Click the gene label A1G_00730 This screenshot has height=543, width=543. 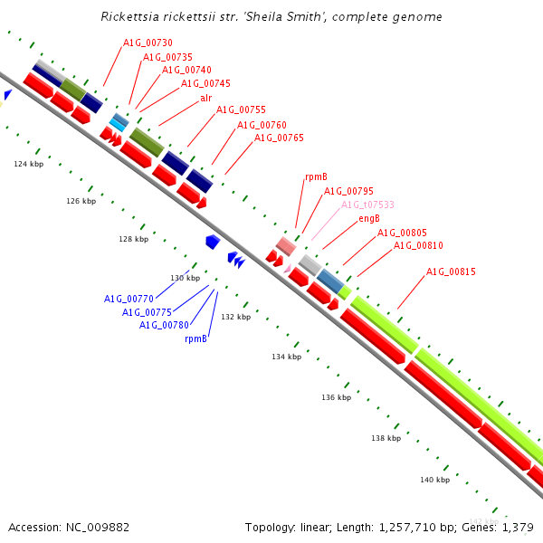148,43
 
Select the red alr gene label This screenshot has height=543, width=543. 206,98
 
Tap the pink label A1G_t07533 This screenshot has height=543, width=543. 367,205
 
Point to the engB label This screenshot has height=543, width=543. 369,218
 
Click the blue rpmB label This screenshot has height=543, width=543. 196,338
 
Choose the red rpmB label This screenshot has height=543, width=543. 316,177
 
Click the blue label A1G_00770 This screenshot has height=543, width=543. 129,299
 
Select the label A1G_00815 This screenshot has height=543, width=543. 451,271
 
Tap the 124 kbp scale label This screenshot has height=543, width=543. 29,164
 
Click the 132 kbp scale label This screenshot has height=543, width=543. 236,317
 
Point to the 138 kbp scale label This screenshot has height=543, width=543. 386,438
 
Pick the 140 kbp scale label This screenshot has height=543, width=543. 435,480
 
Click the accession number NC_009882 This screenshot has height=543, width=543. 98,527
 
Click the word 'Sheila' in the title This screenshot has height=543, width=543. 264,16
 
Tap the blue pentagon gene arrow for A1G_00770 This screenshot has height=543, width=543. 213,242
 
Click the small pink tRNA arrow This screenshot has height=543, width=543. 288,269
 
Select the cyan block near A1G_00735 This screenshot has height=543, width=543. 117,125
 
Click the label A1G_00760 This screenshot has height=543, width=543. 262,125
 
